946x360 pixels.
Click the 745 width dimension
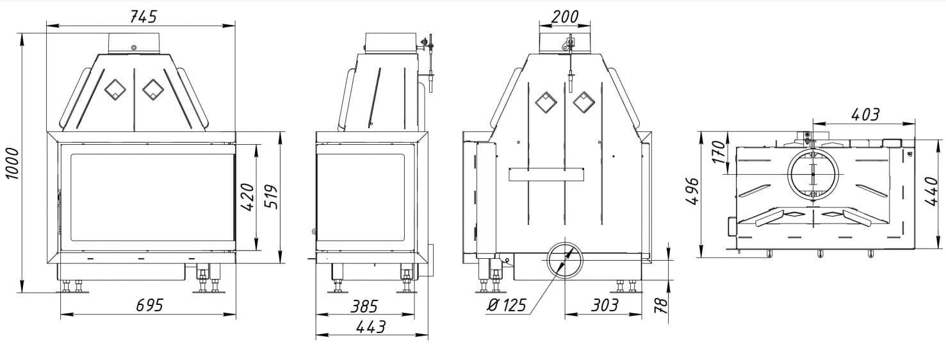point(143,17)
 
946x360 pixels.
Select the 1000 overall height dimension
point(13,163)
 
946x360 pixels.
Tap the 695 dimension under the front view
point(149,305)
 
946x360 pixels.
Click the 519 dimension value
point(272,197)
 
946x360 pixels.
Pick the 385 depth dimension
point(364,306)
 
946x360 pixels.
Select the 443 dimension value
point(371,327)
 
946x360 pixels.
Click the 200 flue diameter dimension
point(565,17)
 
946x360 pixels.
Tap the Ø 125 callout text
point(507,305)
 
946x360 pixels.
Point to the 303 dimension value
point(605,305)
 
